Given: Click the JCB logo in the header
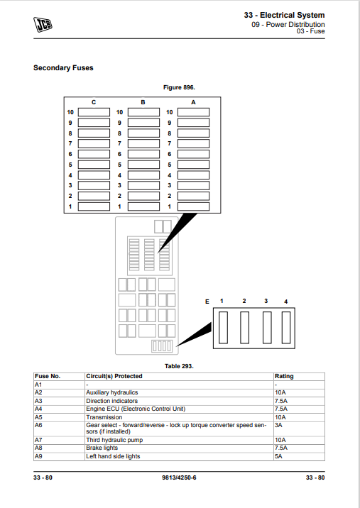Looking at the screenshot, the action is click(43, 25).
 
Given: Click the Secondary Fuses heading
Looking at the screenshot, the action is click(63, 67).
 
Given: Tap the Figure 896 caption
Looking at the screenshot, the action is click(179, 87).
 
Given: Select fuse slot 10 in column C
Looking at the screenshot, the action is click(94, 112).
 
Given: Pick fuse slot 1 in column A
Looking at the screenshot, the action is click(193, 206).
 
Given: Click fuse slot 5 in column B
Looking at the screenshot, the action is click(143, 165).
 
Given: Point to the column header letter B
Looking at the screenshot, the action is click(143, 102).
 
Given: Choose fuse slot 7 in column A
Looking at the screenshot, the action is click(193, 143).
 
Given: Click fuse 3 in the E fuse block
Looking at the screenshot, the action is click(267, 327).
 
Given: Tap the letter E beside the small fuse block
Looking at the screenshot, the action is click(207, 302).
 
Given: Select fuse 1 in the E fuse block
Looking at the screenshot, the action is click(223, 327).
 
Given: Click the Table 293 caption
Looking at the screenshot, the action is click(179, 366).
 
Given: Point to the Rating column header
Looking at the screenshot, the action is click(284, 376).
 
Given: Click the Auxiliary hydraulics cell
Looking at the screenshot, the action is click(112, 392).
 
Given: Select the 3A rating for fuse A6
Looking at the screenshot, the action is click(278, 425).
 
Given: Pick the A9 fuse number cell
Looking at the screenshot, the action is click(38, 456).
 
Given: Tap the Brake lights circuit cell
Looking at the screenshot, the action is click(102, 448).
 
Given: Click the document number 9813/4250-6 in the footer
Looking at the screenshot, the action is click(179, 477).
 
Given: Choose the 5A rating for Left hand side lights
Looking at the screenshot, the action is click(278, 456).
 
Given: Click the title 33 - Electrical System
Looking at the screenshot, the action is click(285, 15).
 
